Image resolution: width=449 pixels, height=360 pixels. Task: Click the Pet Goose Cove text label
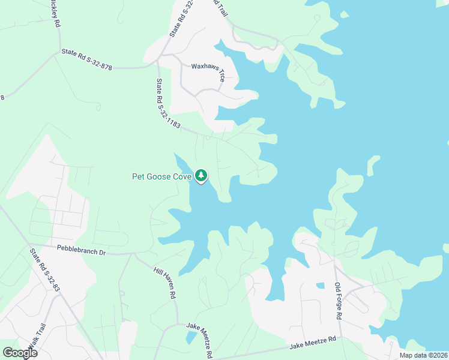click(x=161, y=176)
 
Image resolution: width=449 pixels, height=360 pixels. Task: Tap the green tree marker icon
click(x=202, y=176)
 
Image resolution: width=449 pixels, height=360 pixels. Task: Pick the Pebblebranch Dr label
click(x=81, y=248)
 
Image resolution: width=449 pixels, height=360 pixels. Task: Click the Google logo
click(x=20, y=353)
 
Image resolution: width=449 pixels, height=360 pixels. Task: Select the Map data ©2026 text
click(x=423, y=355)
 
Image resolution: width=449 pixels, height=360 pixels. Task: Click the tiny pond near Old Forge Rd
click(x=320, y=286)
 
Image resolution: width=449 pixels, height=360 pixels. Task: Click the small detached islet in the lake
click(x=373, y=164)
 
